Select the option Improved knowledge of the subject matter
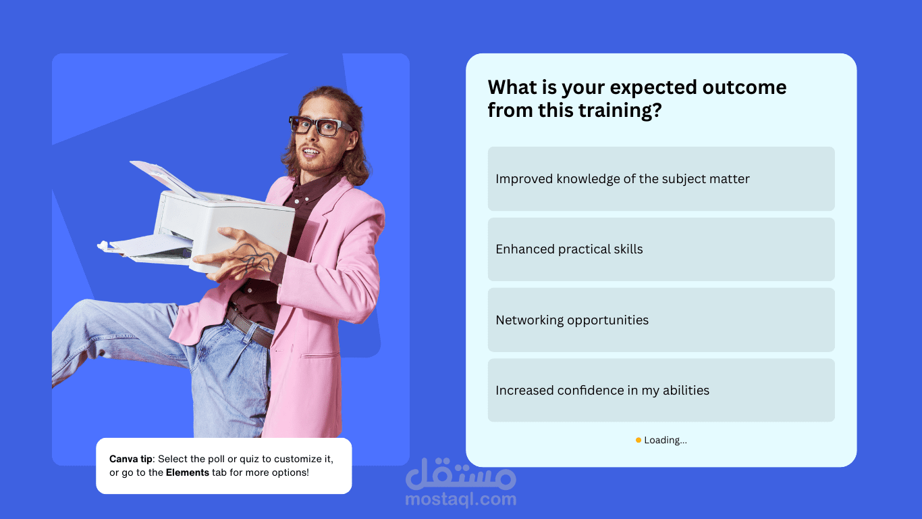661,179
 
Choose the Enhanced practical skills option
661,249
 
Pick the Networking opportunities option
661,320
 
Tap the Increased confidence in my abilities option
661,391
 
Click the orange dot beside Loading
639,440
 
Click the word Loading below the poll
665,440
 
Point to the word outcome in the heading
744,87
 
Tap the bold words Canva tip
131,460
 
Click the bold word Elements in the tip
187,472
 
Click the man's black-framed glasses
320,125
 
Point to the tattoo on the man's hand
255,258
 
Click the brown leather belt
250,326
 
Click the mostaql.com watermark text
460,499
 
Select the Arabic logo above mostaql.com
460,474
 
